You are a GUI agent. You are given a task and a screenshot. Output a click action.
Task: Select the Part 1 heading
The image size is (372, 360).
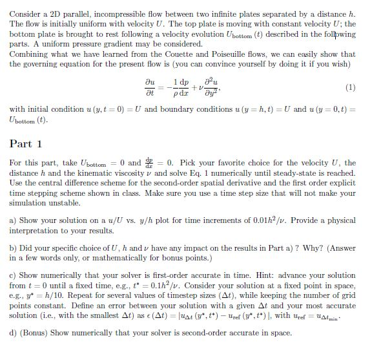point(26,143)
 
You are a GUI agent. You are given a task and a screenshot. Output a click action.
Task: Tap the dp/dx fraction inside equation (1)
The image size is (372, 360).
point(183,87)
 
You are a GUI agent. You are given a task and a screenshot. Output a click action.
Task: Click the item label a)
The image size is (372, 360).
point(13,220)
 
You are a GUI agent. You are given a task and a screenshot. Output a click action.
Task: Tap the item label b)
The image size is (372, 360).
point(13,249)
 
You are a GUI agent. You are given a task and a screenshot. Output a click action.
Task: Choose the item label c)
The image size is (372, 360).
point(13,276)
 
